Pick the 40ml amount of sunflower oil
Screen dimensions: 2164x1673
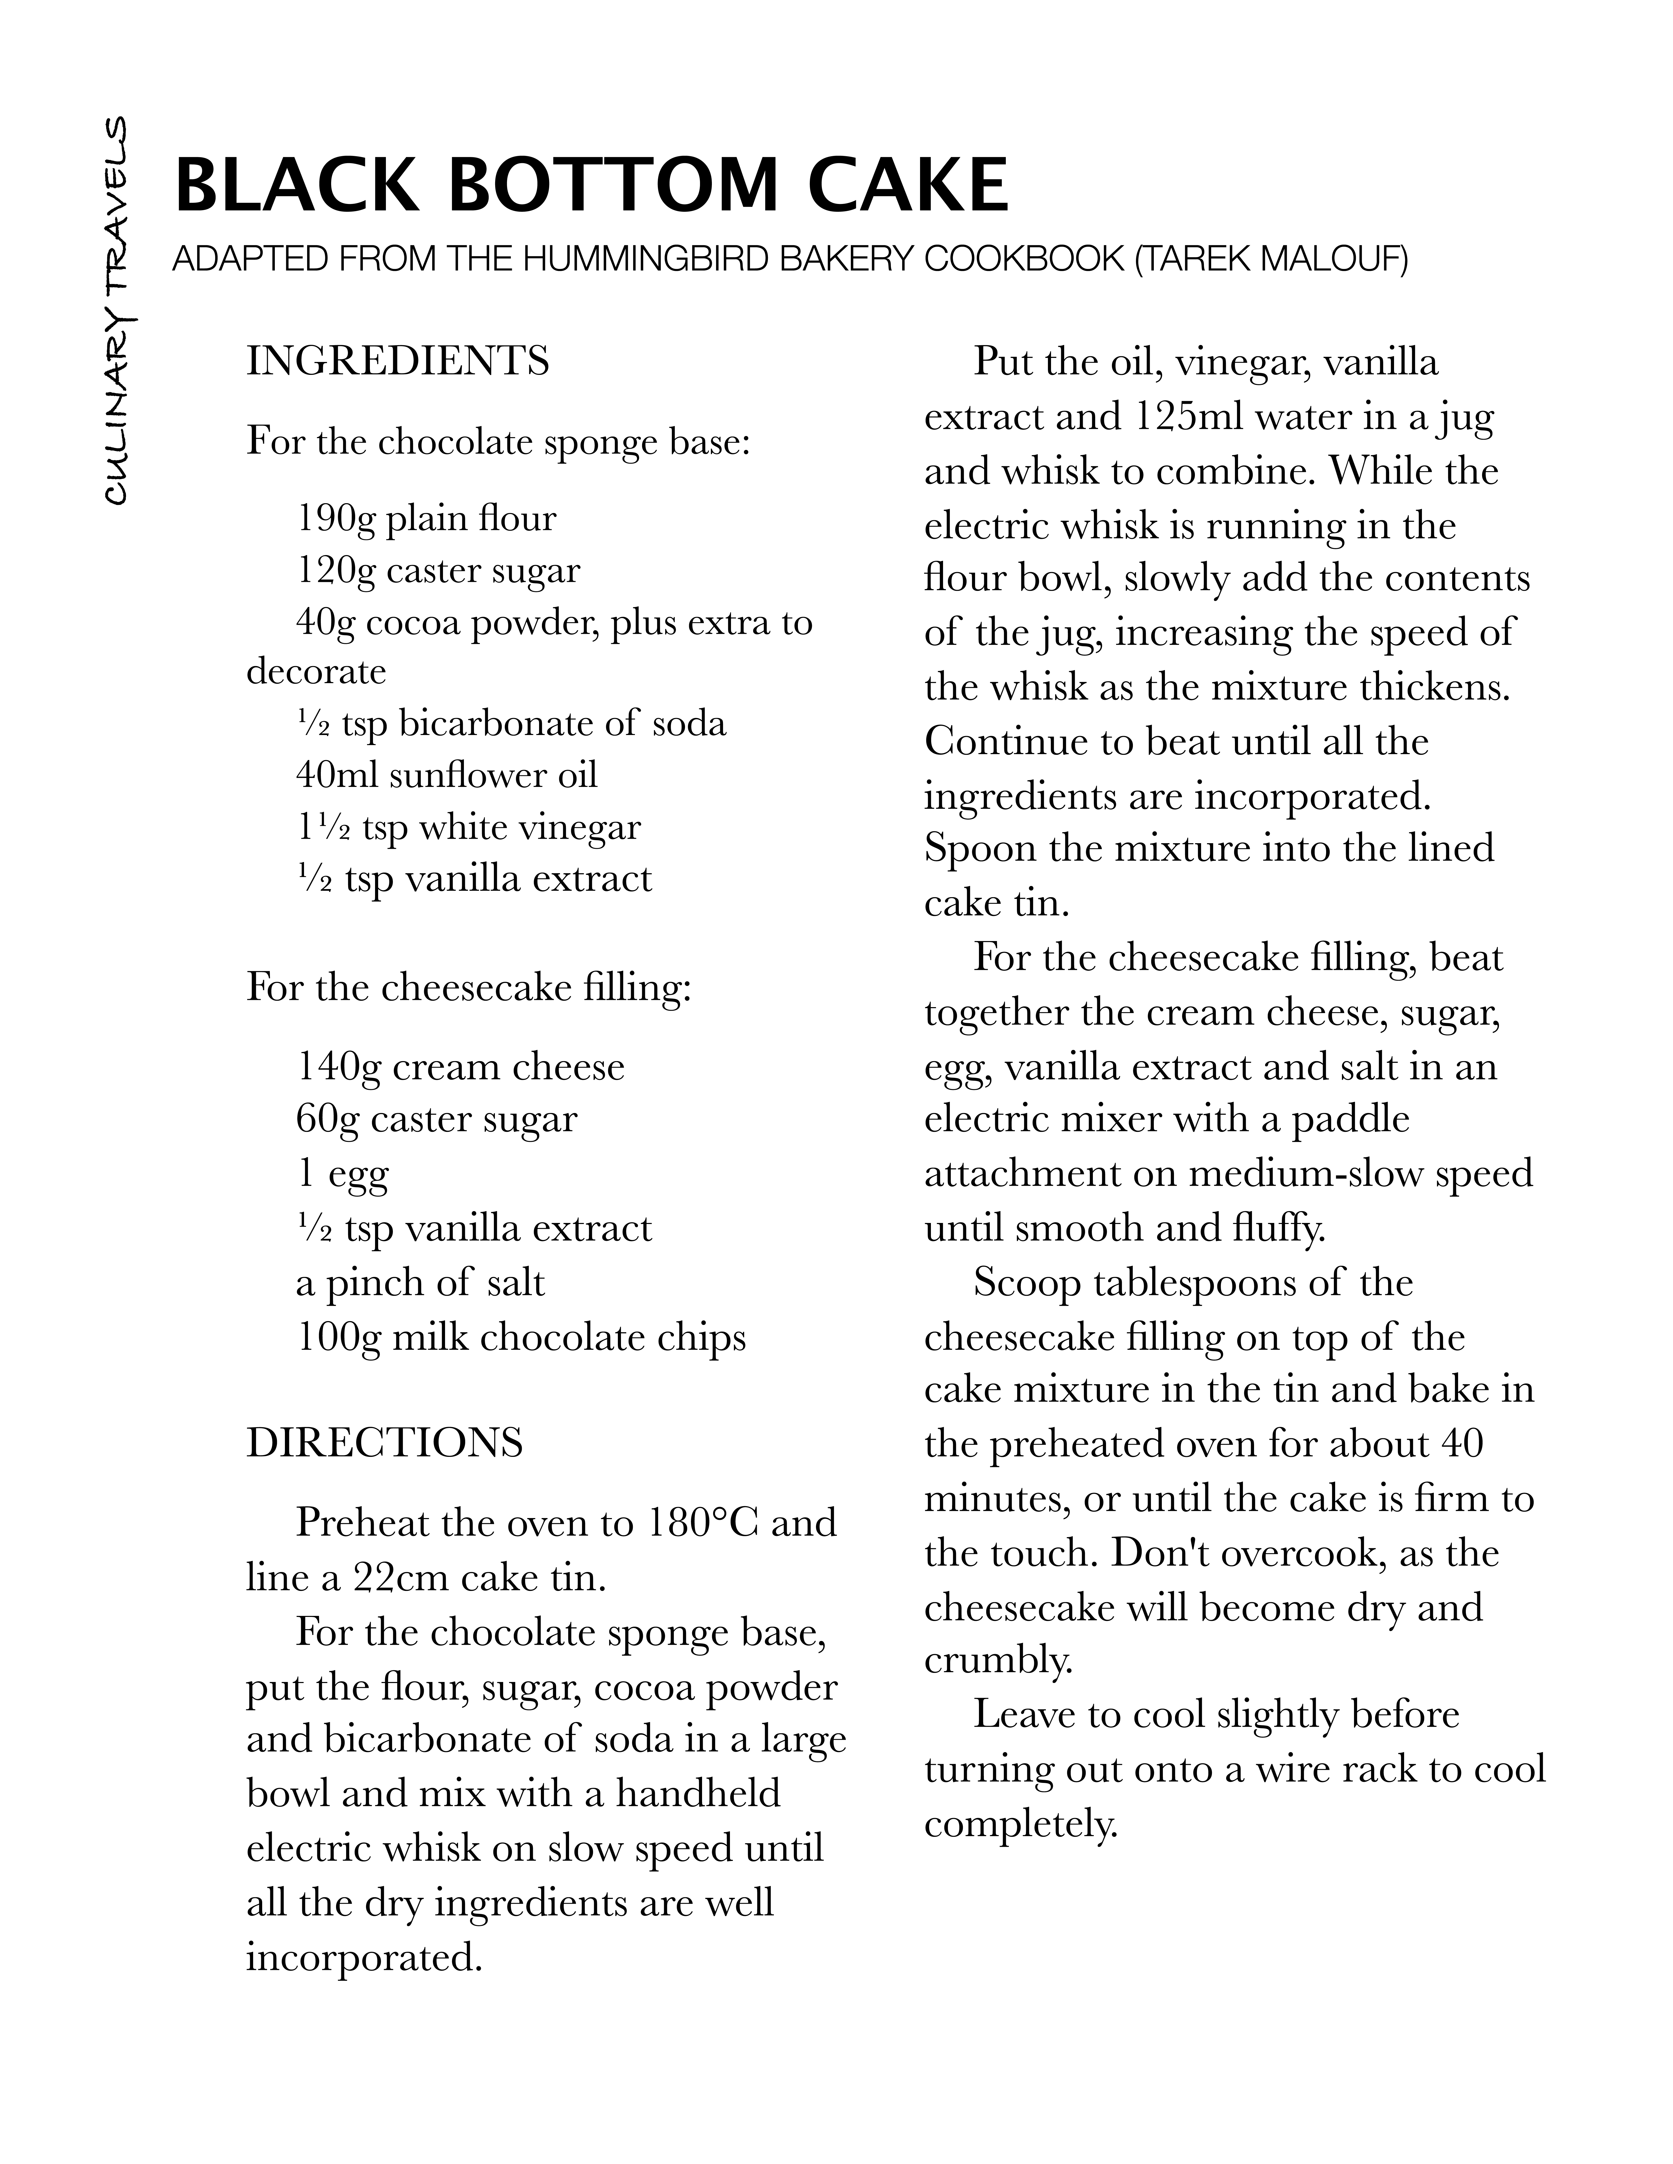point(337,774)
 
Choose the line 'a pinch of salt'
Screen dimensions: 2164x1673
point(420,1282)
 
